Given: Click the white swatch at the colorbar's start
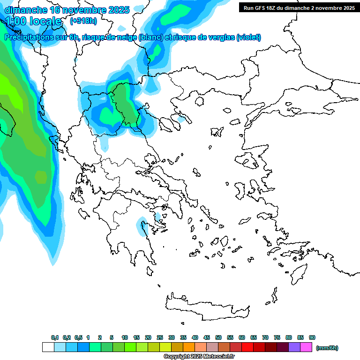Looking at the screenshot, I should pos(48,347).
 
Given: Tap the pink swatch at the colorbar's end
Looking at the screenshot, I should pos(306,347).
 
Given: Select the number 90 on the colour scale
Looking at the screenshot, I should pos(312,337).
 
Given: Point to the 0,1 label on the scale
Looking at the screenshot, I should pos(55,337).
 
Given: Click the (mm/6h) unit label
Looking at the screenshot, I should pos(327,348).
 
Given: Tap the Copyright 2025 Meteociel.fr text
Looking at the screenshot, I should pos(199,356).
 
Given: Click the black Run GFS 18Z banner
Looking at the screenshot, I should pos(299,8).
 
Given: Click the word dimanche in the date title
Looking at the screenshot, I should pos(26,10).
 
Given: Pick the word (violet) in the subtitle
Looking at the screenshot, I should pos(248,37).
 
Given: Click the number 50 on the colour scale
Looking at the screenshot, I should pos(218,337).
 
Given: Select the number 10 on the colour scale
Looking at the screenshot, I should pos(125,337).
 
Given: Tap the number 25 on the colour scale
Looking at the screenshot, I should pos(160,337).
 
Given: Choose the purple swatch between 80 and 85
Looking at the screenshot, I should pos(294,347).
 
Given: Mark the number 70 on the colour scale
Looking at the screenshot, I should pos(265,337).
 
